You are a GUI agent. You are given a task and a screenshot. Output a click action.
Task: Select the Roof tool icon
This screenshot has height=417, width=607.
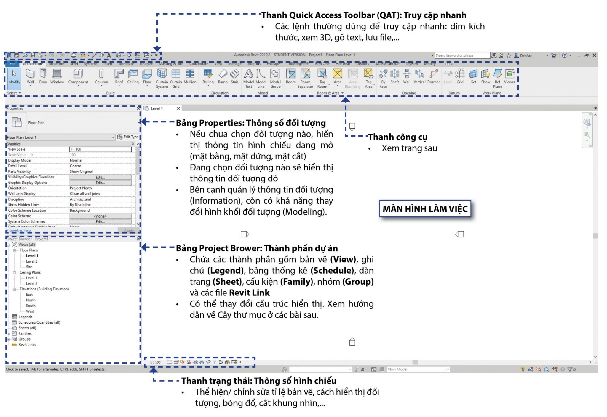[x=119, y=74]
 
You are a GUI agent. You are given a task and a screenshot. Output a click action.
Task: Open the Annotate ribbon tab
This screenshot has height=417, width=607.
[x=126, y=63]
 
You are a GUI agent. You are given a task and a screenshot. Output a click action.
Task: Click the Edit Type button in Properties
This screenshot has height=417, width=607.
[x=128, y=137]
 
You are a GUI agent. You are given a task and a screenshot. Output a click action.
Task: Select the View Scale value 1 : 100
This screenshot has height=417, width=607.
[x=100, y=149]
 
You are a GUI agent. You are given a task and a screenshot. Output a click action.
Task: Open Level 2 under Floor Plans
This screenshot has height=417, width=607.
[x=31, y=261]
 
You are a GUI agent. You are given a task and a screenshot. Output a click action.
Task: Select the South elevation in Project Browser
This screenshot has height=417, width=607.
[x=31, y=306]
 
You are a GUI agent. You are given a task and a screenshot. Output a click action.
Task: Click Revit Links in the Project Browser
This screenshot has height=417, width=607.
[x=27, y=345]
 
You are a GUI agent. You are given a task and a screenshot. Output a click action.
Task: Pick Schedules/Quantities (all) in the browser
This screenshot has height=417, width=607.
[x=39, y=322]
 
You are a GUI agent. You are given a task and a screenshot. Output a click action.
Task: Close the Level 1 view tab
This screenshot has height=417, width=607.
[x=178, y=108]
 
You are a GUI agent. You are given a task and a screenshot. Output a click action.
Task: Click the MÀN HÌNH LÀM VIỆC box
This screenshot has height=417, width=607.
[x=425, y=209]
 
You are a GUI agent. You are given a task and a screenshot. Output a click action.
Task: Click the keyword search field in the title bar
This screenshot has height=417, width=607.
[x=462, y=55]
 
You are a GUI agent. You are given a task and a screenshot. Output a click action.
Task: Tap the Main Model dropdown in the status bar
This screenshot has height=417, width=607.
[x=418, y=369]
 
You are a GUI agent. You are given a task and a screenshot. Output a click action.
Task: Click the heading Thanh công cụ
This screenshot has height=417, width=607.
[x=398, y=137]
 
